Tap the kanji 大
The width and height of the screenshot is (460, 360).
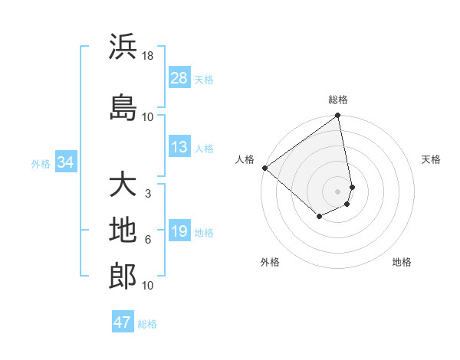point(123,186)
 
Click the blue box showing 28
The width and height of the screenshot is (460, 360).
point(179,78)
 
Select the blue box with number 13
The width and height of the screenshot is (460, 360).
point(179,148)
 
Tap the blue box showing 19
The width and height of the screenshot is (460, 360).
point(179,232)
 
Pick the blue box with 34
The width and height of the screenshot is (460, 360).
point(65,162)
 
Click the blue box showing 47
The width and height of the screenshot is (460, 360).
point(123,322)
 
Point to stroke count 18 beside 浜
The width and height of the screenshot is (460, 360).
point(148,56)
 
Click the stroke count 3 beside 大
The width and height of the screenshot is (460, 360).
point(148,194)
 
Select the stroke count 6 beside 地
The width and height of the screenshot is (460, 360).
point(148,240)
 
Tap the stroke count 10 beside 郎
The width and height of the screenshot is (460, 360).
point(148,286)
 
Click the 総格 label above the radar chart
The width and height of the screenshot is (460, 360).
point(338,100)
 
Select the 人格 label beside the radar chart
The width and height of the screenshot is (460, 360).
point(245,159)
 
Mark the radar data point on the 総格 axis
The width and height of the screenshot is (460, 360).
point(338,116)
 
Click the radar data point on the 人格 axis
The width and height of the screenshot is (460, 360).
point(264,168)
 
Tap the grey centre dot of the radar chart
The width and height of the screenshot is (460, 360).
point(338,191)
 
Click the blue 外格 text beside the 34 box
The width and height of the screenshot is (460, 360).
point(41,163)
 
